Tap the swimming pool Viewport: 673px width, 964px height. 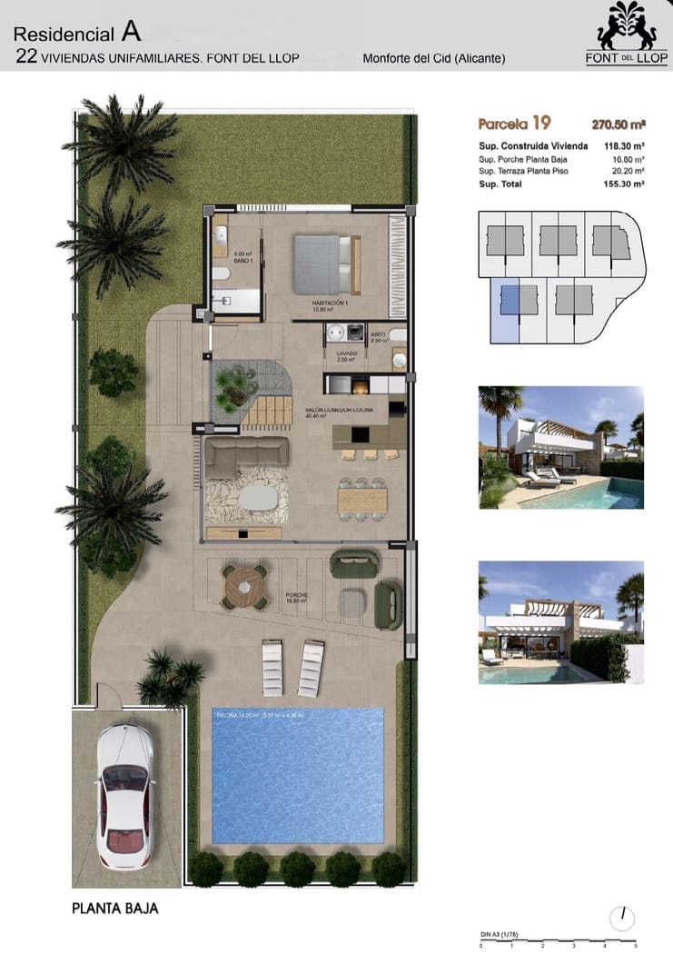point(297,775)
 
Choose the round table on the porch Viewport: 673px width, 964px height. point(245,587)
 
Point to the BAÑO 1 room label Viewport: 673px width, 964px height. point(241,261)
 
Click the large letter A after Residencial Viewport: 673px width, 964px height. point(132,34)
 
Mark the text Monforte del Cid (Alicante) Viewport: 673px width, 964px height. point(433,59)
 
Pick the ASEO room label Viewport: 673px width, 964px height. point(379,335)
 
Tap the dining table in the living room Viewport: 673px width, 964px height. point(361,500)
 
